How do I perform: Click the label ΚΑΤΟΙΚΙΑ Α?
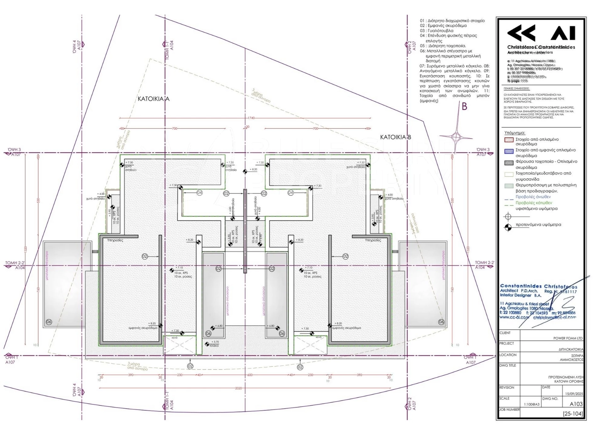[154, 99]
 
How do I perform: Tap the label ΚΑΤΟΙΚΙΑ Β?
[395, 137]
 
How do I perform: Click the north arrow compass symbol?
[456, 137]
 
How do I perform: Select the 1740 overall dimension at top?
[251, 118]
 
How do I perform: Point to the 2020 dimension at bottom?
[238, 388]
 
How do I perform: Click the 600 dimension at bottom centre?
[250, 375]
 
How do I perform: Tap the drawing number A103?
[576, 404]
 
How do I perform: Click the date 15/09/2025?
[574, 394]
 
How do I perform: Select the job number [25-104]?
[573, 414]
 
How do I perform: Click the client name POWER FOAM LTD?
[568, 338]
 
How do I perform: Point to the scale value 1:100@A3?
[531, 404]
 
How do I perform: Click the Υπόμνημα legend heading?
[515, 133]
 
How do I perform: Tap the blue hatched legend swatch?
[509, 151]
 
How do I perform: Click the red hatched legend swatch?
[509, 140]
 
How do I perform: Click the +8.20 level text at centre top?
[253, 170]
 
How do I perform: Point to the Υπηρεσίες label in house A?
[115, 240]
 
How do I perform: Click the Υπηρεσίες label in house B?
[373, 240]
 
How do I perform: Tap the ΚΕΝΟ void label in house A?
[174, 338]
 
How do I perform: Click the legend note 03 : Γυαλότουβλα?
[437, 31]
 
